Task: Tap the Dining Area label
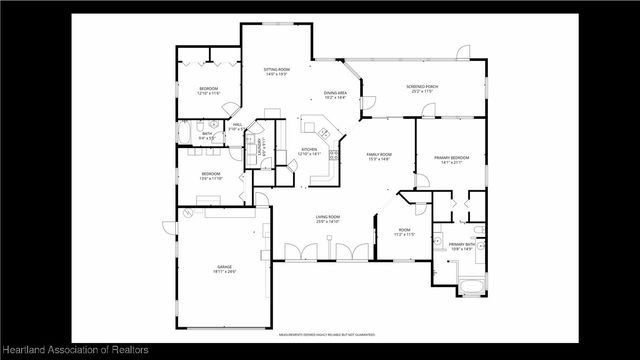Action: (x=334, y=95)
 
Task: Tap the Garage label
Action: (x=224, y=268)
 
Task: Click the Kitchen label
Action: (x=310, y=152)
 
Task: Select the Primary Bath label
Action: (x=461, y=246)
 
